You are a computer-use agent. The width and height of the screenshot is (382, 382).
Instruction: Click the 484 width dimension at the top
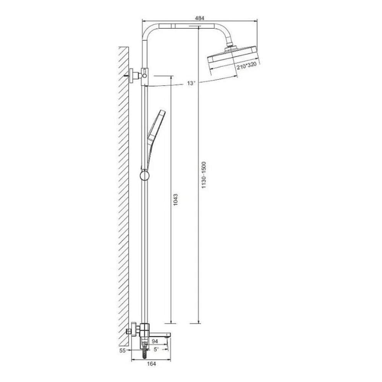point(199,18)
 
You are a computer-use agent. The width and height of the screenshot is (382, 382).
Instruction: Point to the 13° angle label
point(191,83)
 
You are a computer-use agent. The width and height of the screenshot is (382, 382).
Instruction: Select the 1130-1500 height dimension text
point(204,175)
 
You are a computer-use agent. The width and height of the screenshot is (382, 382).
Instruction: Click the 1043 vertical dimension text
point(175,200)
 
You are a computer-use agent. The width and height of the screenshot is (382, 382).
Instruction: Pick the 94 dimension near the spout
point(155,341)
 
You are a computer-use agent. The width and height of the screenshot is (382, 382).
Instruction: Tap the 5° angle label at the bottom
point(156,350)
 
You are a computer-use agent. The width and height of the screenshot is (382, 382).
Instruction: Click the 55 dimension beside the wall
point(123,350)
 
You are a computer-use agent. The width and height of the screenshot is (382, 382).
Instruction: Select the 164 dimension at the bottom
point(151,364)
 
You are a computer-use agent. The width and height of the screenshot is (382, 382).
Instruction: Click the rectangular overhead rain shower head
point(233,58)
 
